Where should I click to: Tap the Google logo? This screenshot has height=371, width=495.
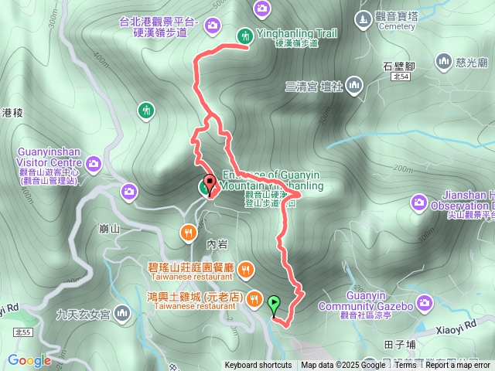[30, 359]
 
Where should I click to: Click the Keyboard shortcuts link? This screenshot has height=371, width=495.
[258, 366]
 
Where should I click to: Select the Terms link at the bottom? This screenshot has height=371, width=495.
[405, 366]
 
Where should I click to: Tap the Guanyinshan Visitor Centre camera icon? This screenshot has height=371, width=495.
[94, 163]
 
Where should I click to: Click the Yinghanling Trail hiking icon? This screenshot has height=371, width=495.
[244, 35]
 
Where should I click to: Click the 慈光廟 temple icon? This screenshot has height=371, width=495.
[444, 60]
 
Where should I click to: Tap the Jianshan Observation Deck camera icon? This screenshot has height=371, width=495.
[419, 203]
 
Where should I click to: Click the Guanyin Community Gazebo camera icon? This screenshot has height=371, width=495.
[424, 302]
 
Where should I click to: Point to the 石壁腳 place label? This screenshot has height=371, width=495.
[399, 67]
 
